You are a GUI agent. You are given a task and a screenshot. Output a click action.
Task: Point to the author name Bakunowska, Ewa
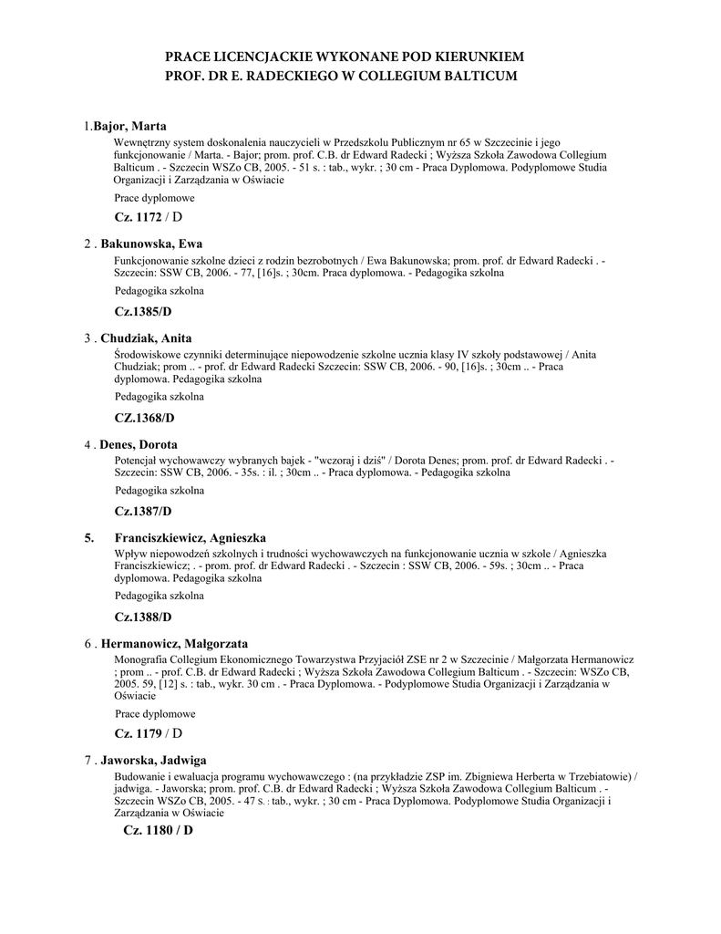[x=151, y=244]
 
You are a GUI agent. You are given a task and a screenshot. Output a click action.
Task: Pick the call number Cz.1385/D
[x=143, y=312]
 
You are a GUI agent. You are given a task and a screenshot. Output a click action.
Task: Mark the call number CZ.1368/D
[x=144, y=418]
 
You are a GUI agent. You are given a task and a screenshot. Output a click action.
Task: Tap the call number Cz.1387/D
[x=143, y=511]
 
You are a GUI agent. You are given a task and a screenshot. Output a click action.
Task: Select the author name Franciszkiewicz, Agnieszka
[x=190, y=538]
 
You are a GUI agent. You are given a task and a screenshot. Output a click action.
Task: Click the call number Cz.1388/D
[x=143, y=617]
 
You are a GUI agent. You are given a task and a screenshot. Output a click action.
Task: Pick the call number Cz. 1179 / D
[x=148, y=733]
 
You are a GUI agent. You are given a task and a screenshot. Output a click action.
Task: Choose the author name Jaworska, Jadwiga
[x=153, y=760]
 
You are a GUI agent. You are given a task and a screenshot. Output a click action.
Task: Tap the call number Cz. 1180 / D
[x=158, y=830]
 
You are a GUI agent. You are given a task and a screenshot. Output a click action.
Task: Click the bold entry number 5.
[x=89, y=538]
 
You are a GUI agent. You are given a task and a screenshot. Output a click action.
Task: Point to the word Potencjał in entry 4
[x=137, y=461]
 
